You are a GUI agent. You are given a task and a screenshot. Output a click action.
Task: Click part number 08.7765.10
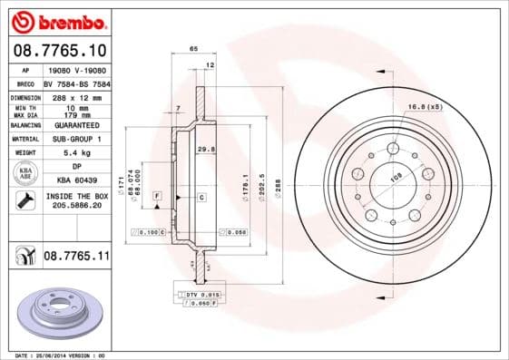[59, 51]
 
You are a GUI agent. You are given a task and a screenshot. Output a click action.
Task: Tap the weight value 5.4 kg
[75, 153]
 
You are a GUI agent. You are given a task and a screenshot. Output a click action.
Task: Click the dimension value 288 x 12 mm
[75, 96]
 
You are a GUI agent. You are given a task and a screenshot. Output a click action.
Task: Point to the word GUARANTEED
[75, 125]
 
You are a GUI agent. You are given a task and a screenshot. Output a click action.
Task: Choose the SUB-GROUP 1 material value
[75, 139]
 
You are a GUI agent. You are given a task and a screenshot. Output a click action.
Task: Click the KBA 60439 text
[75, 181]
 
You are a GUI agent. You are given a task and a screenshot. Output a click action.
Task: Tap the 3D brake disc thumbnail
[57, 310]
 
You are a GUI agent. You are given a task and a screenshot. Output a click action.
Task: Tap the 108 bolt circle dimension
[395, 179]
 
